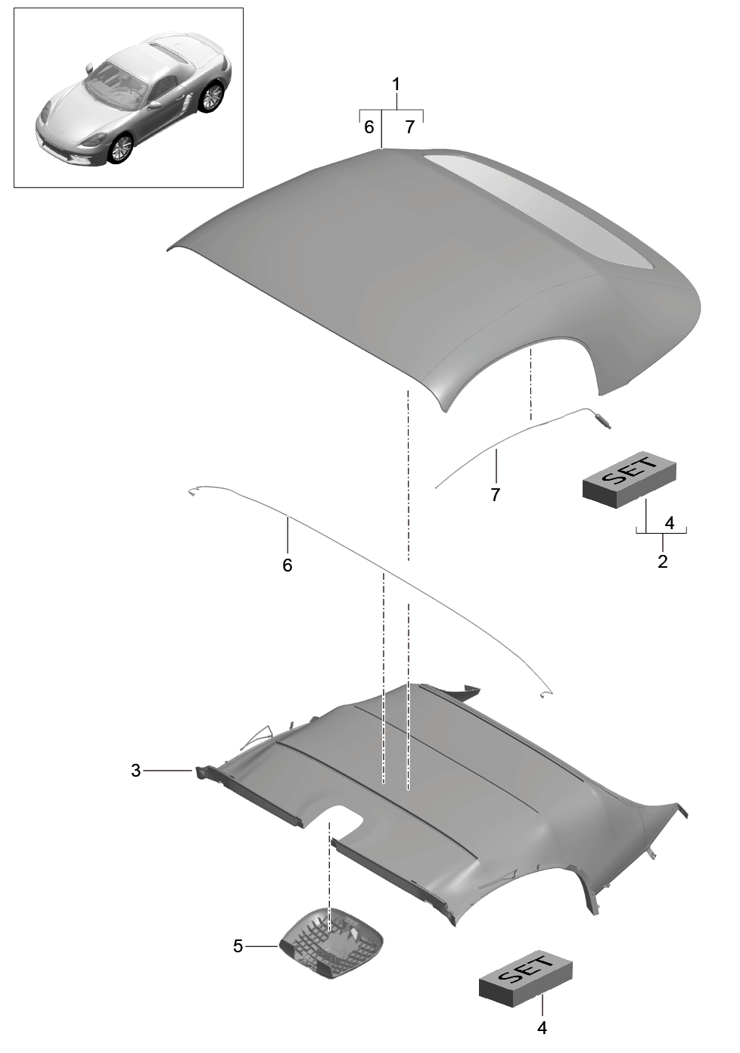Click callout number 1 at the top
396,85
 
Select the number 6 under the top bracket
368,127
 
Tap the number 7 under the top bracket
409,127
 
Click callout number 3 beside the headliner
135,771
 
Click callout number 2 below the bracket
663,561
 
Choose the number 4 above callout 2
670,523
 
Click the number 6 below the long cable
287,565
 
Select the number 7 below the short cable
495,494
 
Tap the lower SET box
526,978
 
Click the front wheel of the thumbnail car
120,148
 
